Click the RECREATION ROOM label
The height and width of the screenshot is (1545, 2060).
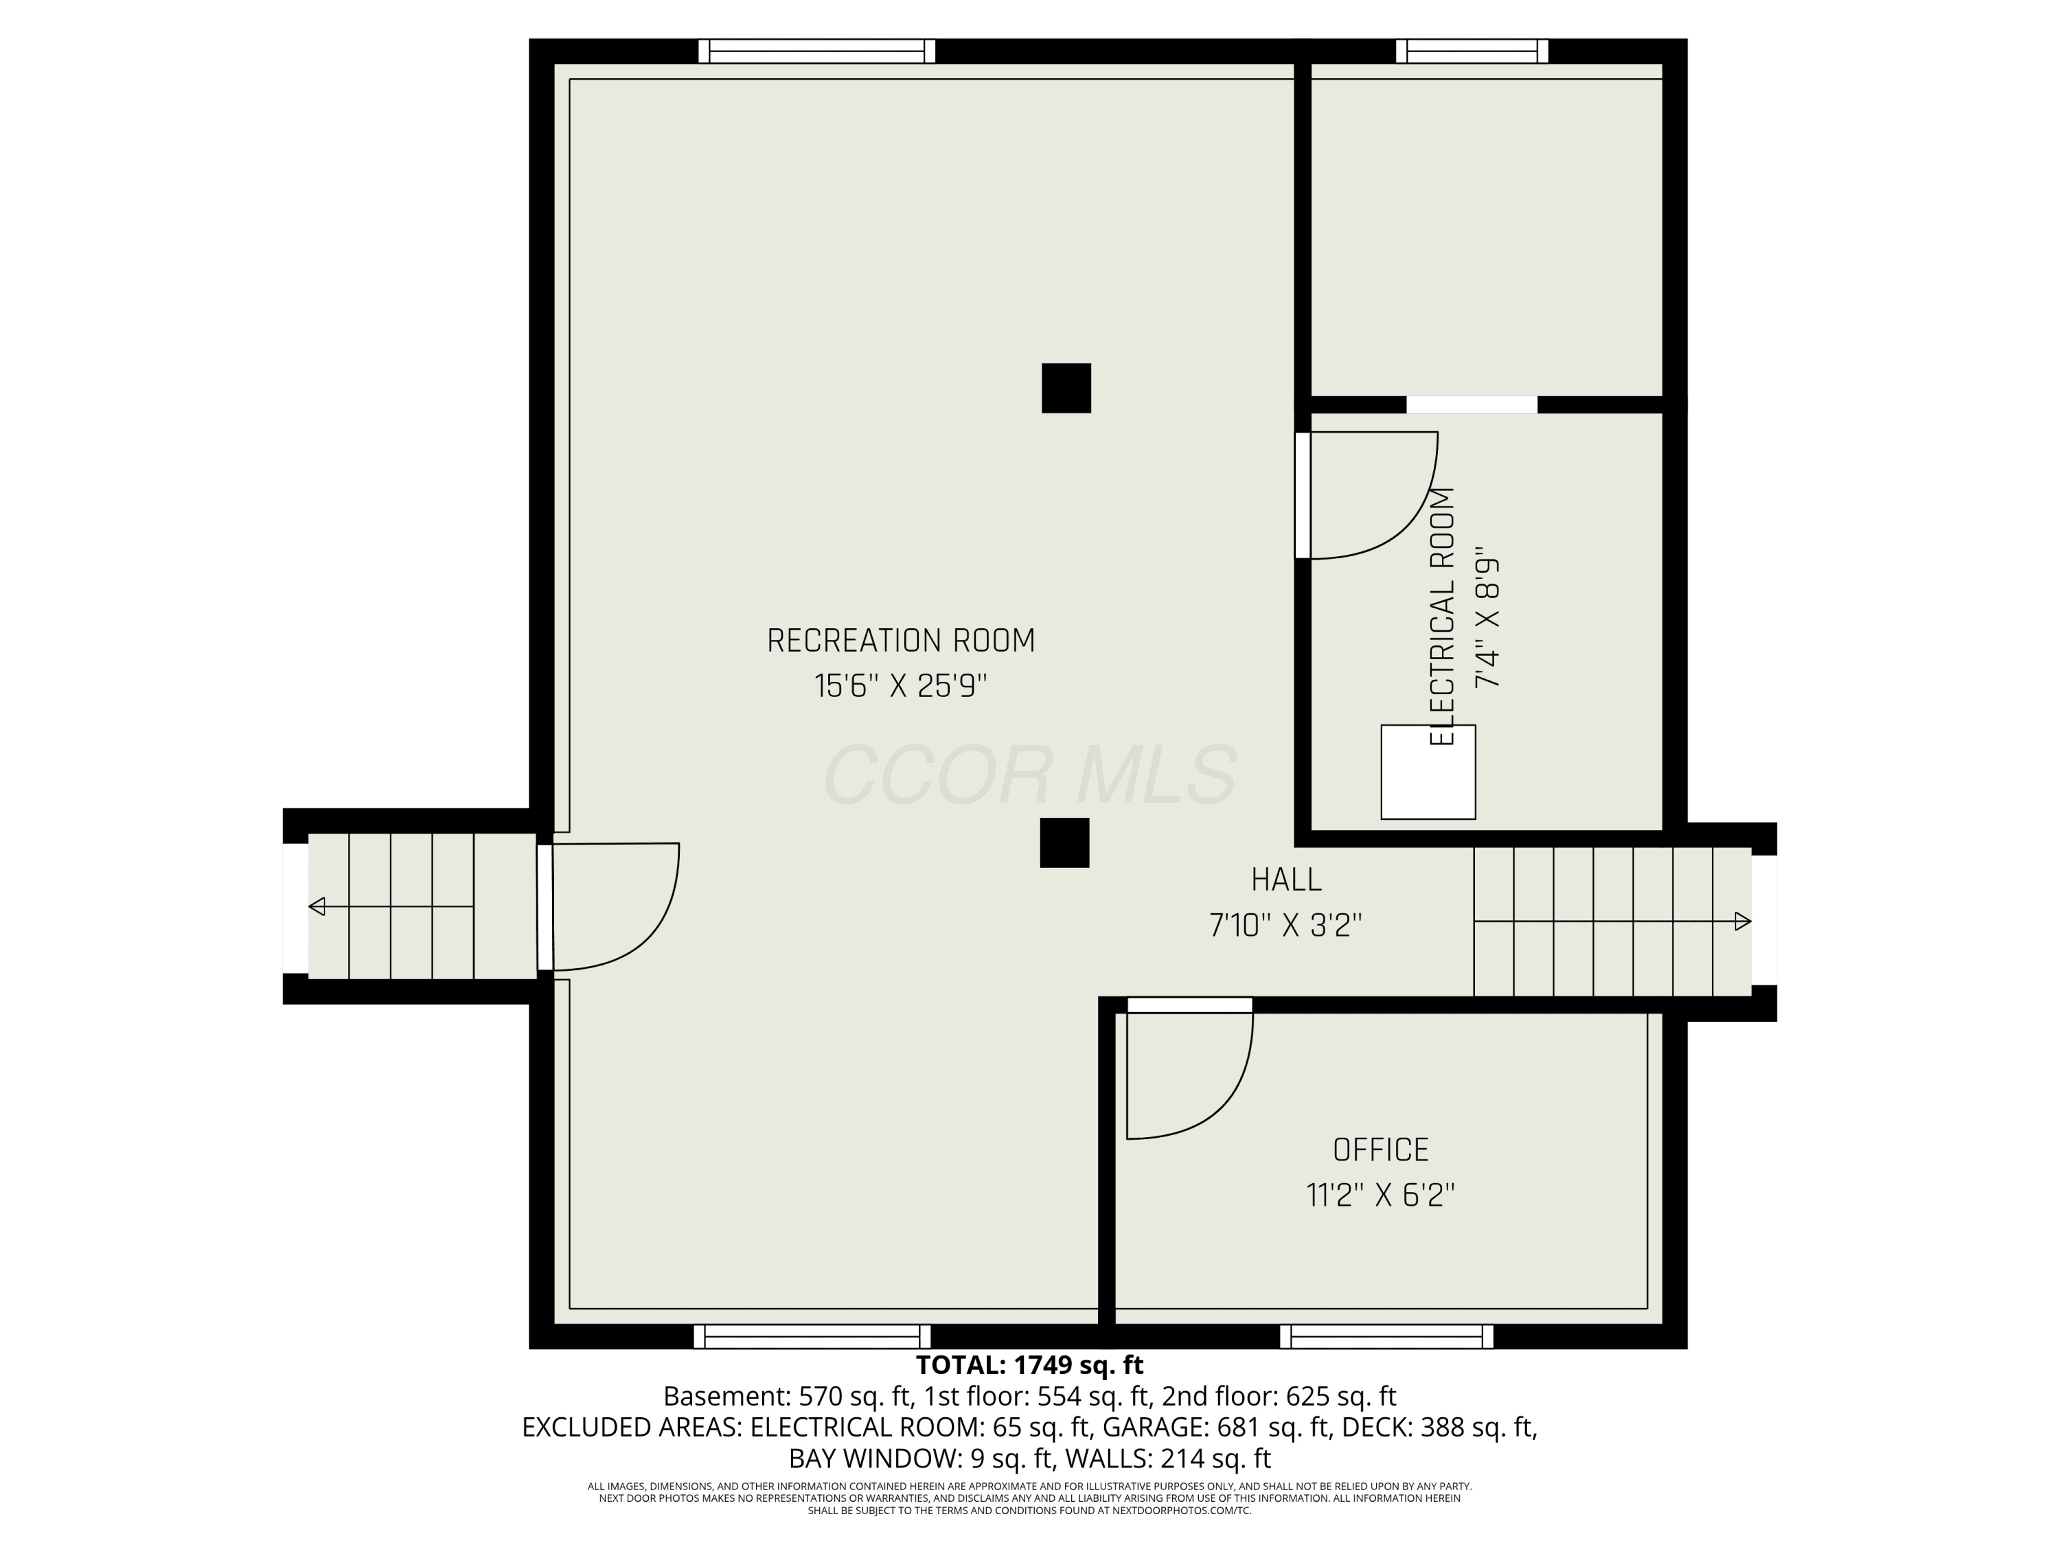click(900, 641)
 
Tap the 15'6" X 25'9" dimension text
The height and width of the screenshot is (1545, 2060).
click(900, 687)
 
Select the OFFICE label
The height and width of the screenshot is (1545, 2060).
click(1380, 1150)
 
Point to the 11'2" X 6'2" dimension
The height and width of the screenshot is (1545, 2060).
click(1380, 1195)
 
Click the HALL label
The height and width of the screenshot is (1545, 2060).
click(1286, 879)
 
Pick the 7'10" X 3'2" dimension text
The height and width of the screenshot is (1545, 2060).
click(1286, 925)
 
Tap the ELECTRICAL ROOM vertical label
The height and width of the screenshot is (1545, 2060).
click(1441, 617)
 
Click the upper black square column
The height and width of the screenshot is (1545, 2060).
click(1066, 387)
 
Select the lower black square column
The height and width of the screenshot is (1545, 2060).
click(1064, 843)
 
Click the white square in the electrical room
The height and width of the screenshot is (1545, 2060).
click(1428, 772)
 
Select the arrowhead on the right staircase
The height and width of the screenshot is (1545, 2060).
click(1743, 922)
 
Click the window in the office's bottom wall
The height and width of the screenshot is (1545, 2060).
click(1386, 1336)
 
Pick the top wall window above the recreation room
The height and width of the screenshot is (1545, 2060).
click(816, 51)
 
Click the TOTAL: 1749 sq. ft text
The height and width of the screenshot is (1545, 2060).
click(1029, 1365)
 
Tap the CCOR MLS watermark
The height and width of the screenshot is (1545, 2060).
click(1030, 775)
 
